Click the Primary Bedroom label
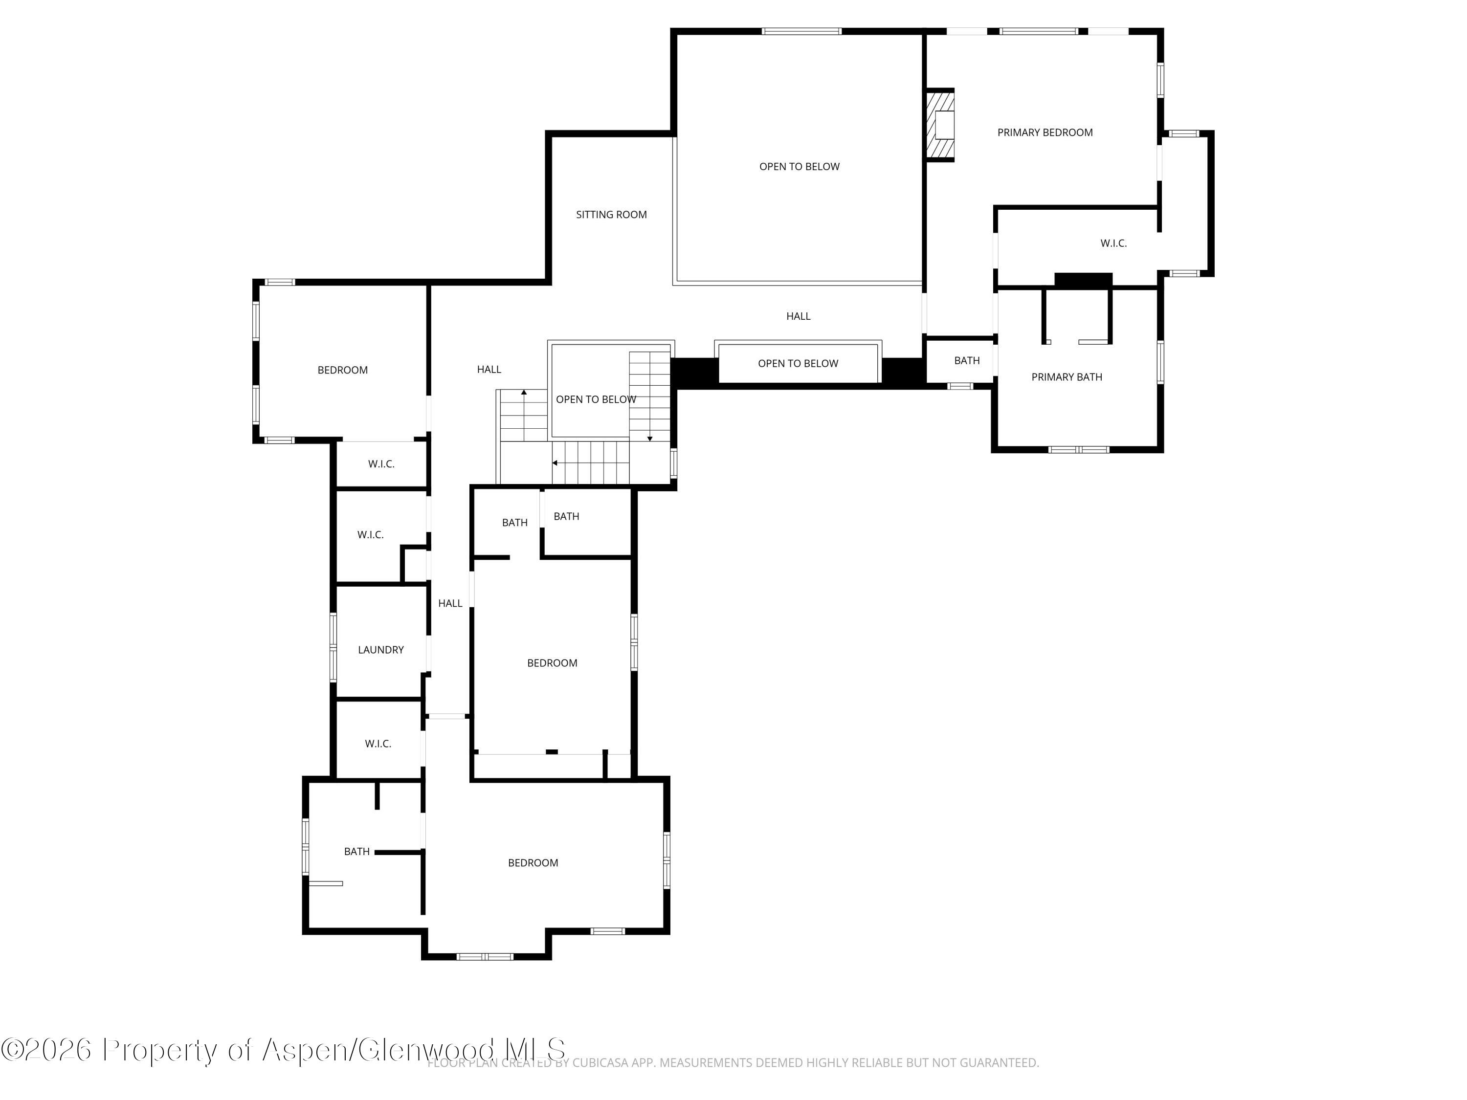point(1045,132)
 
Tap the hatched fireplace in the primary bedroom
point(940,125)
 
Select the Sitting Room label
point(611,215)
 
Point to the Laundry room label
point(380,650)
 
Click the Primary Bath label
point(1067,377)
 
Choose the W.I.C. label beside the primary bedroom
point(1113,243)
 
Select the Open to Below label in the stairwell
point(596,399)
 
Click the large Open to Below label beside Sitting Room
point(799,166)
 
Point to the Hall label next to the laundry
point(450,603)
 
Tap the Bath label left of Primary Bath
point(967,361)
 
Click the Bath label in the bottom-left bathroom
point(357,851)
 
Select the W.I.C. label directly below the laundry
point(378,744)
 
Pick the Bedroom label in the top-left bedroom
point(342,370)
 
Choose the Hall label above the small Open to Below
point(799,316)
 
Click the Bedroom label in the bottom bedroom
point(533,862)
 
